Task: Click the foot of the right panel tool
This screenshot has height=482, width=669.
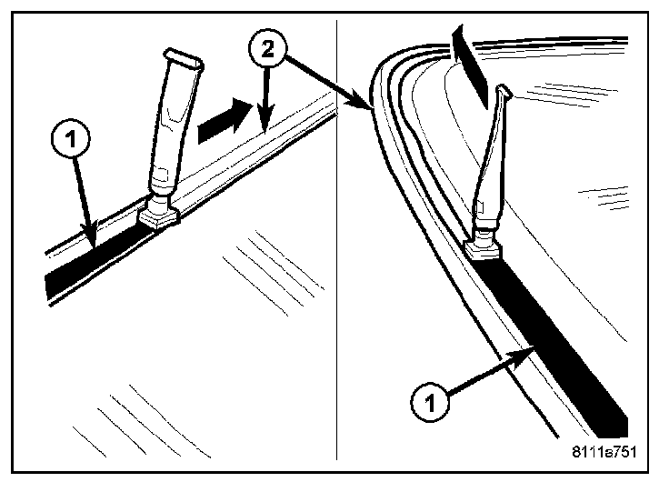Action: coord(483,247)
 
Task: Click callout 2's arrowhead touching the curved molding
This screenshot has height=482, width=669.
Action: coord(371,108)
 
